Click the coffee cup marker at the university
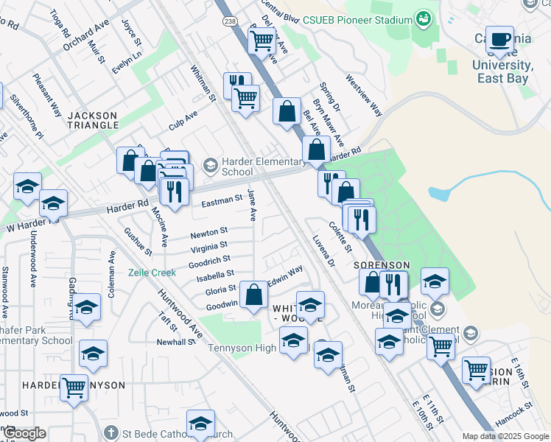click(501, 40)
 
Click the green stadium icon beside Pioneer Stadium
click(424, 17)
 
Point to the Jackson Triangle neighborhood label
click(93, 120)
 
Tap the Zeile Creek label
click(152, 272)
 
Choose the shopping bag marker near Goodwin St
click(253, 296)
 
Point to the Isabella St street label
click(214, 274)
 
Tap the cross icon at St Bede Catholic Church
click(110, 432)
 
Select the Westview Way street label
click(364, 95)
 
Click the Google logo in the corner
click(25, 433)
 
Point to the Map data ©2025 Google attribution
click(505, 436)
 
